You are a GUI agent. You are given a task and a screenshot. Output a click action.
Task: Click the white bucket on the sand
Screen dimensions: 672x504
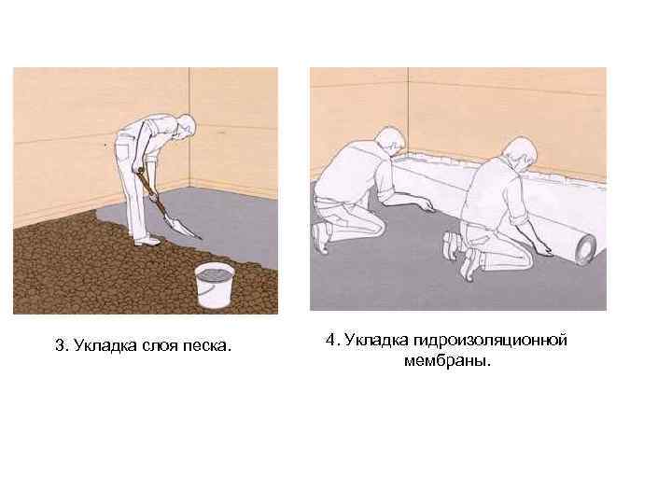[215, 285]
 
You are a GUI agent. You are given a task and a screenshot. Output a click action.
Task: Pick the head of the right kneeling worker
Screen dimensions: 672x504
[520, 152]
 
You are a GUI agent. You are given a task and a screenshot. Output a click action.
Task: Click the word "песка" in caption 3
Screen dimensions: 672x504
[207, 345]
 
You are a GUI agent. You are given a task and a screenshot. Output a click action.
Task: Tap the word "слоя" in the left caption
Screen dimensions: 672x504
[160, 345]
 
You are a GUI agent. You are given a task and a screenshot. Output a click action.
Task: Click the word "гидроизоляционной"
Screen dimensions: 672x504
[491, 341]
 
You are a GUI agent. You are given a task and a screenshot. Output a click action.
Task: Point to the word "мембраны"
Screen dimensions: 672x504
[447, 360]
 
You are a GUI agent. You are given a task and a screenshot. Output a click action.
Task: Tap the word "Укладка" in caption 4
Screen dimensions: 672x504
[377, 341]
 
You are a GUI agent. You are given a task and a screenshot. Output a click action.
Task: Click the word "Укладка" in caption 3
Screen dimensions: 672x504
[105, 345]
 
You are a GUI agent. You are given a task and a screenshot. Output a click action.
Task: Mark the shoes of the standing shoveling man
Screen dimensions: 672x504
[147, 241]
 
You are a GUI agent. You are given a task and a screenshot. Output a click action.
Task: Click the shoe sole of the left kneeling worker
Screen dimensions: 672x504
[320, 238]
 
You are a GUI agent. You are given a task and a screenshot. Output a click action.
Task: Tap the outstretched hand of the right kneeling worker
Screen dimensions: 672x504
[544, 251]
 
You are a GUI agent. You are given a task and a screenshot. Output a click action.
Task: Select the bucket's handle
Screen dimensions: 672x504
[205, 288]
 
